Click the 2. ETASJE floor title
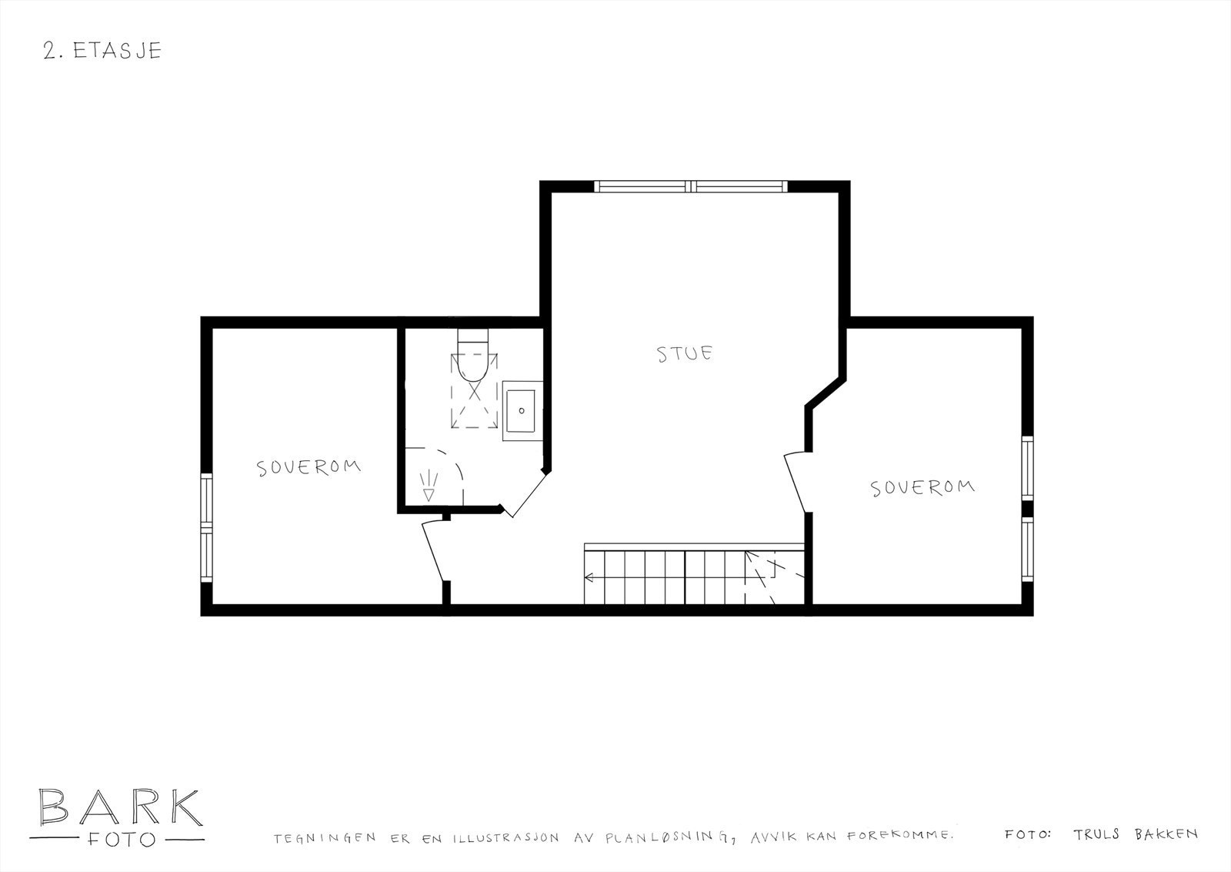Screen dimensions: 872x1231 102,51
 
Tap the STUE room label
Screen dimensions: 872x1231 685,354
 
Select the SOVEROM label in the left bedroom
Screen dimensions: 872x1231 309,467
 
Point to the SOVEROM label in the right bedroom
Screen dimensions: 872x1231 922,487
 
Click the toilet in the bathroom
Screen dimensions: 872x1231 472,357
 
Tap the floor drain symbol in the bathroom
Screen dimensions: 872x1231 429,486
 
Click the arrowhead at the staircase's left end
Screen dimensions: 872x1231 589,576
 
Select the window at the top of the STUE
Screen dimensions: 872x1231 691,186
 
